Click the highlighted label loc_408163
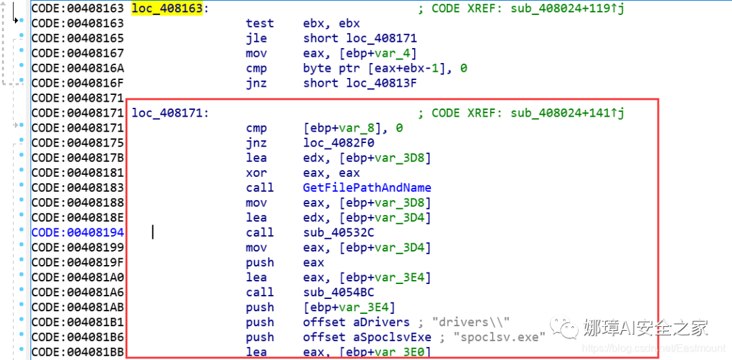[167, 9]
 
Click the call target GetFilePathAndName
[367, 188]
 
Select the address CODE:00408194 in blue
[77, 233]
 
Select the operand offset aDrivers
[356, 322]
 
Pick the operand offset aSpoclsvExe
[367, 337]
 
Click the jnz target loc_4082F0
[339, 143]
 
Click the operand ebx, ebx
[331, 24]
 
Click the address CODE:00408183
[77, 188]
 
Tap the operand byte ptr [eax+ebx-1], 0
[385, 68]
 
